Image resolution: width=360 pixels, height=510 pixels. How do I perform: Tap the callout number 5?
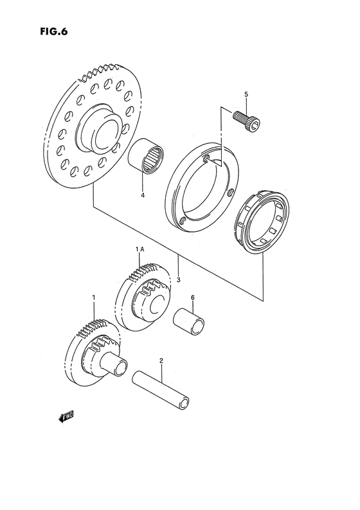pos(245,95)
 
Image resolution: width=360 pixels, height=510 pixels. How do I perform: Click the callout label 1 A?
pos(139,249)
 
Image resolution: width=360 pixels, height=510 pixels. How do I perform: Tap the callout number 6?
pos(192,297)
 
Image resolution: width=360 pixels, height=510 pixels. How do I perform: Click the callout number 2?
pos(161,362)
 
